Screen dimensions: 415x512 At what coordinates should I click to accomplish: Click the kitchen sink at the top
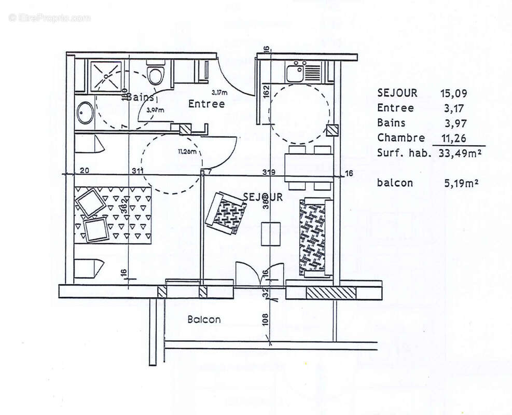coord(296,71)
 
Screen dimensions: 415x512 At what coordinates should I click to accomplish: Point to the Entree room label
coord(206,104)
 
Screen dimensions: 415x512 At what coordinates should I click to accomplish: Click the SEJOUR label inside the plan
coord(262,197)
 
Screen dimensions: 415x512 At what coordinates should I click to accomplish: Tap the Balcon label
coord(204,320)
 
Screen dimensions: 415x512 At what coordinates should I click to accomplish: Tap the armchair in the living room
coord(226,213)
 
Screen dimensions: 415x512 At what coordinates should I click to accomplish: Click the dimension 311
coord(137,171)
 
